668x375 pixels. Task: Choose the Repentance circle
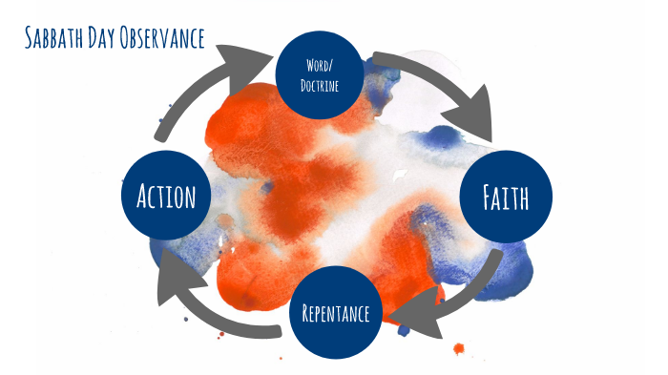[x=335, y=311]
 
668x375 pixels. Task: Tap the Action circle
[x=166, y=197]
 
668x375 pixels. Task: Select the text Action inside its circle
[x=166, y=197]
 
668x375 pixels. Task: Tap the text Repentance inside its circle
[x=335, y=312]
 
